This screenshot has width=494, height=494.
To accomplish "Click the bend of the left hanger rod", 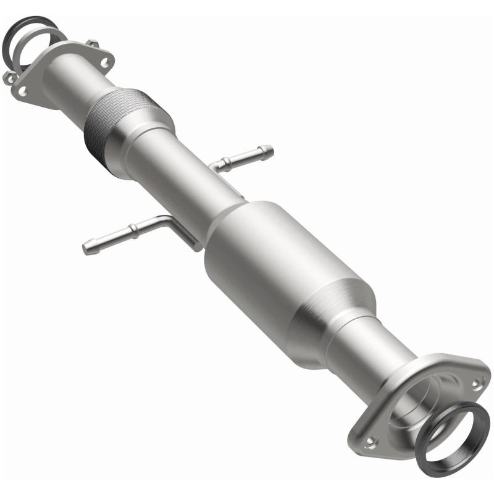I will pyautogui.click(x=165, y=220).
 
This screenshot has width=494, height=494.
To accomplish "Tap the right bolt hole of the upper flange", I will pyautogui.click(x=105, y=62).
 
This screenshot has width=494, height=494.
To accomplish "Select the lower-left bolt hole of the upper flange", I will pyautogui.click(x=23, y=91).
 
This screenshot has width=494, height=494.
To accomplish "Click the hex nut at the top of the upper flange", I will pyautogui.click(x=93, y=43).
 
